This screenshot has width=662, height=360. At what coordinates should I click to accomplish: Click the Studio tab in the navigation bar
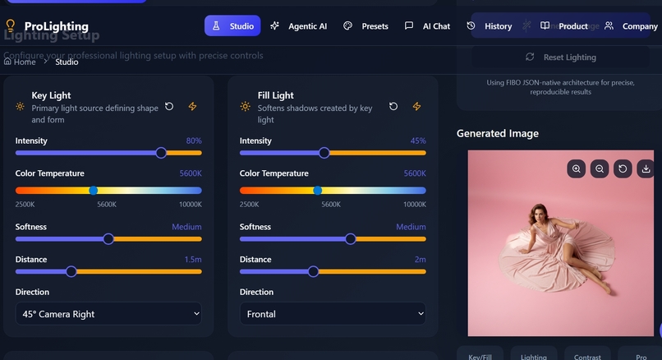tap(232, 26)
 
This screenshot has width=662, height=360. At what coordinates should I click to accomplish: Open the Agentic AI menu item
tap(299, 26)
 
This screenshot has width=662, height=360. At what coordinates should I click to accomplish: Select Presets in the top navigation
tap(365, 26)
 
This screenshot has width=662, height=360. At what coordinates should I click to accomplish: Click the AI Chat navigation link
tap(428, 26)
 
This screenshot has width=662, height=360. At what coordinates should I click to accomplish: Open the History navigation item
tap(490, 26)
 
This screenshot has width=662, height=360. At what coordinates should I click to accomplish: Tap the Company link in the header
tap(631, 26)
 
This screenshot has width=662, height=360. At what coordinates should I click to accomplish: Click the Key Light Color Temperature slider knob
tap(93, 190)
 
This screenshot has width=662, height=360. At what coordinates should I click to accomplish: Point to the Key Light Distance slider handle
tap(71, 271)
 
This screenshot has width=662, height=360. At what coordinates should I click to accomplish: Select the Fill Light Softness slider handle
tap(351, 239)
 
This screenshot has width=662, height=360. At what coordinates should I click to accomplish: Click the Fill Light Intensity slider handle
tap(324, 153)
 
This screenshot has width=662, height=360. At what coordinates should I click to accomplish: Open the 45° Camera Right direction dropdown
tap(108, 314)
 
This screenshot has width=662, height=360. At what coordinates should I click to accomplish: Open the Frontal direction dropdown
tap(333, 314)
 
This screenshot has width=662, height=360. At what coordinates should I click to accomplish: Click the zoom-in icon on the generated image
tap(577, 168)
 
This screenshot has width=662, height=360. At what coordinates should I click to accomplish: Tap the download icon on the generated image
tap(646, 168)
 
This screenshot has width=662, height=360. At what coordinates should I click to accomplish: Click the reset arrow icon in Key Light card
tap(169, 107)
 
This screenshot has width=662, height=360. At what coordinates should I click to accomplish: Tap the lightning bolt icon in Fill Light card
tap(416, 107)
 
